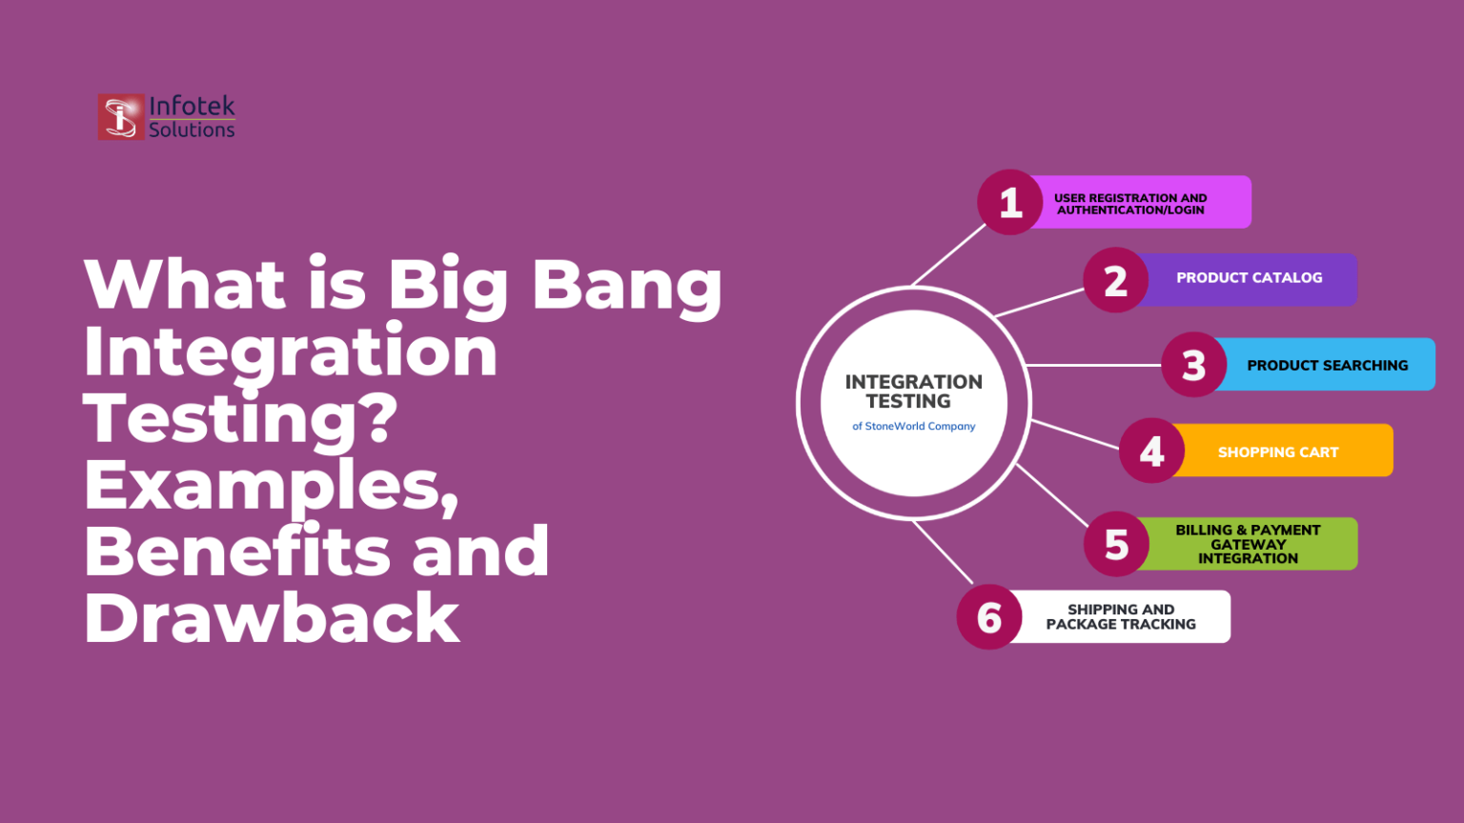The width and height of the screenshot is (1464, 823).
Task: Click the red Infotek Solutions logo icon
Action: coord(121,117)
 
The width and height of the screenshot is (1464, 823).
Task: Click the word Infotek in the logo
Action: coord(193,106)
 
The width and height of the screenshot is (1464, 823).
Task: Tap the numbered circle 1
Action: coord(1009,203)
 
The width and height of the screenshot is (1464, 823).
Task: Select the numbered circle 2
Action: coord(1116,280)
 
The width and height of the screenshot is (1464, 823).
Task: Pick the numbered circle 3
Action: coord(1194,365)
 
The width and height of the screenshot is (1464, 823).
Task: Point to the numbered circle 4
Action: coord(1151,451)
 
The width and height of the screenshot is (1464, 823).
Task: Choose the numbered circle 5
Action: coord(1116,544)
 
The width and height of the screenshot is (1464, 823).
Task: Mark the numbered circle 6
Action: coord(988,617)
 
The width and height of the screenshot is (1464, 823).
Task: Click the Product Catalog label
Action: coord(1249,277)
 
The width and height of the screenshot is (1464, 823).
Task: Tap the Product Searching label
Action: coord(1328,365)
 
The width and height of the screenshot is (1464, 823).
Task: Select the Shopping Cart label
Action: coord(1278,452)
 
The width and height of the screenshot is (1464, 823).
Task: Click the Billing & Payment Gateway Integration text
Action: coord(1248,544)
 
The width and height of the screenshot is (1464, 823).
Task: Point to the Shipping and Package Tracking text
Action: coord(1121,617)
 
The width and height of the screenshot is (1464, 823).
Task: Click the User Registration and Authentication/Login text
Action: coord(1130,204)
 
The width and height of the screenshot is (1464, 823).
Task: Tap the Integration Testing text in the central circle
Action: coord(914,391)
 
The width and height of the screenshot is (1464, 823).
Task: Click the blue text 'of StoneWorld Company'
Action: coord(914,426)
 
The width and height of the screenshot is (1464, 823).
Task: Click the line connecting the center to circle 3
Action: coord(1094,365)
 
